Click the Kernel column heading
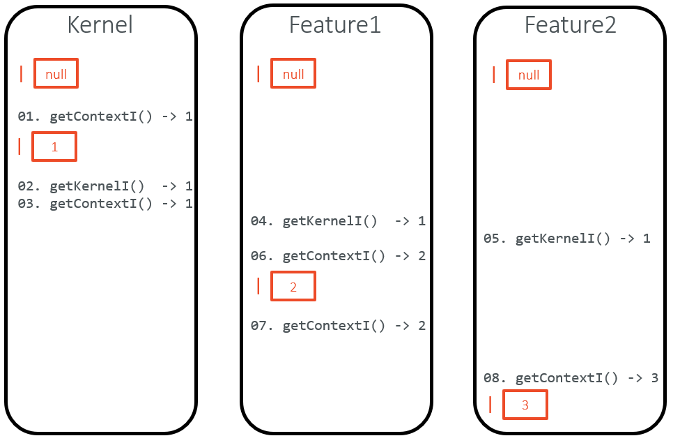100,25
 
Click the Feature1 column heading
334,25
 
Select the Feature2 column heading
570,25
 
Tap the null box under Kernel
56,74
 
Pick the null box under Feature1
293,74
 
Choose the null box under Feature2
529,75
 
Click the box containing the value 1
54,147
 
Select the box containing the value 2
293,287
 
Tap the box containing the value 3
525,405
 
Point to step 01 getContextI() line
105,116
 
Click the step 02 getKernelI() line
105,186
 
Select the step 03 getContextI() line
105,204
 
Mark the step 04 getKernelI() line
338,221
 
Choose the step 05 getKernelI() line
566,239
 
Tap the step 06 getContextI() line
338,256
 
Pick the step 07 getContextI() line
338,326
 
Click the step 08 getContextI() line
571,378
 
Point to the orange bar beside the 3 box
490,405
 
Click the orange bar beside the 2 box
258,286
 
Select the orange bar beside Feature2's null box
494,75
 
